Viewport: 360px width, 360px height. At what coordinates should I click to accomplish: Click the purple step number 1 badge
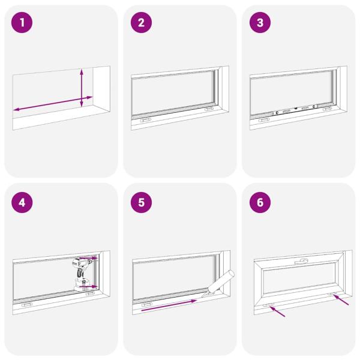[x=23, y=23]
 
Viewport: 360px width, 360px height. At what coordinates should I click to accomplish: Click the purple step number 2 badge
[x=142, y=23]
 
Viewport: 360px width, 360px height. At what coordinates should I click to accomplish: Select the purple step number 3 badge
[x=260, y=23]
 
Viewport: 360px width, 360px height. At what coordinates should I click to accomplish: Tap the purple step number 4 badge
[x=23, y=202]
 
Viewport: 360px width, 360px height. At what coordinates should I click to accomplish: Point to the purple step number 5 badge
[x=142, y=202]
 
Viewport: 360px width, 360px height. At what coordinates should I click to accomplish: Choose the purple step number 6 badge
[x=260, y=202]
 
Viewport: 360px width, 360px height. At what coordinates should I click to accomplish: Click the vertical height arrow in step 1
[x=82, y=88]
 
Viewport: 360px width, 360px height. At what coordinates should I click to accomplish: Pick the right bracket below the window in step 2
[x=208, y=109]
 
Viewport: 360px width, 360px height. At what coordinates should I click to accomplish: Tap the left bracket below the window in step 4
[x=27, y=304]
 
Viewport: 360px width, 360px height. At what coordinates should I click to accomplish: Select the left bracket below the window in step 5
[x=146, y=304]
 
